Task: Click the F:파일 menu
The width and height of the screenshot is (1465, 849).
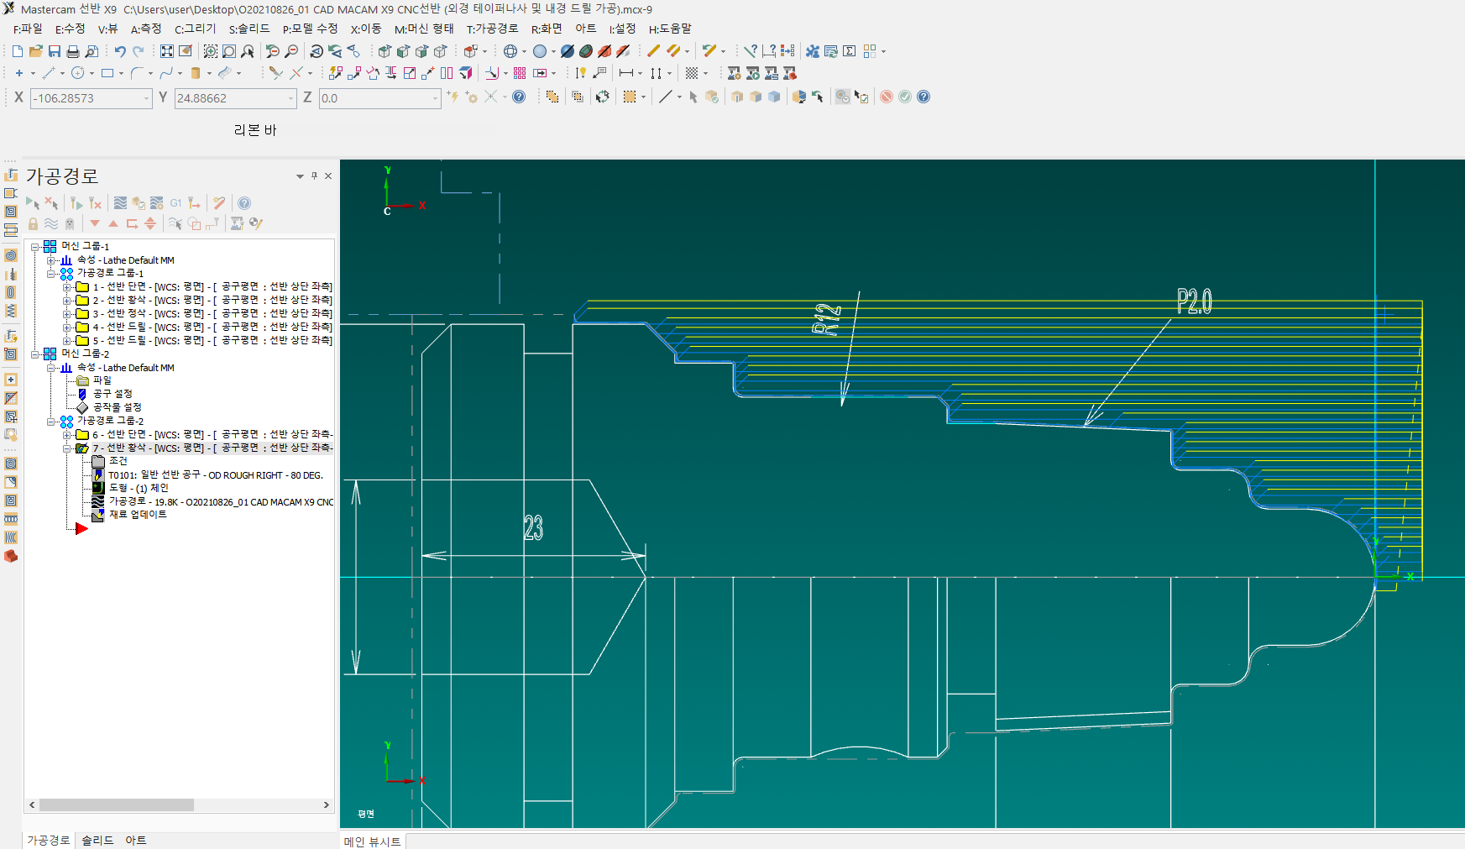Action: (x=28, y=29)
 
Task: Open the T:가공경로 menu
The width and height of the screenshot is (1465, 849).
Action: (x=492, y=29)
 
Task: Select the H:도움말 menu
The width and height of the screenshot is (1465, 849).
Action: (x=670, y=29)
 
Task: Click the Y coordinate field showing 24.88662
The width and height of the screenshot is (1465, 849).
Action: (x=233, y=98)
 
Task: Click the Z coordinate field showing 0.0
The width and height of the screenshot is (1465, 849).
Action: (x=378, y=98)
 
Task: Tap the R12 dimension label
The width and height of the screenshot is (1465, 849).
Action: (x=827, y=319)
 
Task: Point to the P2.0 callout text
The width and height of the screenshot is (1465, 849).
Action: (x=1194, y=301)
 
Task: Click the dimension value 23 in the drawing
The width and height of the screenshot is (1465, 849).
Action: (x=533, y=527)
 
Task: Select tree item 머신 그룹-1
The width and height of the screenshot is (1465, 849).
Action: (x=85, y=246)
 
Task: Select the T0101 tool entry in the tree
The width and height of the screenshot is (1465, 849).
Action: (x=215, y=474)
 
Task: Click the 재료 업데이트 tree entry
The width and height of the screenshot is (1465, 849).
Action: (x=138, y=514)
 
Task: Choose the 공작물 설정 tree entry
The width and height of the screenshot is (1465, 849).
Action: (x=118, y=406)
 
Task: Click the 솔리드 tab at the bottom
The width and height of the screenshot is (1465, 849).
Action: (x=97, y=840)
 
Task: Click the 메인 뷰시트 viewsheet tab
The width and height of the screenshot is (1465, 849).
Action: (x=372, y=841)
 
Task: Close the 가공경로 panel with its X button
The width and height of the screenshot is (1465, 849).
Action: (x=328, y=176)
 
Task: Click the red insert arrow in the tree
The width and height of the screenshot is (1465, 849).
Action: (x=81, y=528)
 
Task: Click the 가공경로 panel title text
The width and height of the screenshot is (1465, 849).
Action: (x=62, y=176)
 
